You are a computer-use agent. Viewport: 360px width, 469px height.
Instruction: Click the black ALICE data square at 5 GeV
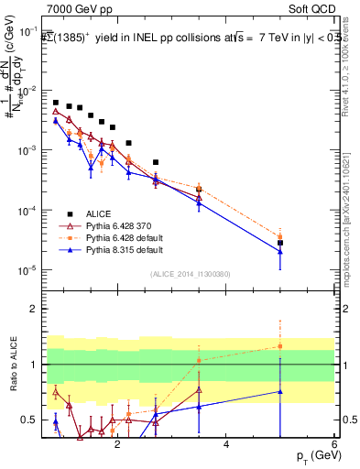[x=280, y=243]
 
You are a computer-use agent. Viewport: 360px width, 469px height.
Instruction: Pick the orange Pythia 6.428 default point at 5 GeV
[x=280, y=237]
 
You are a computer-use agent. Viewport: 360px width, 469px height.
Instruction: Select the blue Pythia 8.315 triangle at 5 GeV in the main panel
[x=280, y=252]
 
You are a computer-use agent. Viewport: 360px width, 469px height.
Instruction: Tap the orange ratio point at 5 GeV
[x=280, y=346]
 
